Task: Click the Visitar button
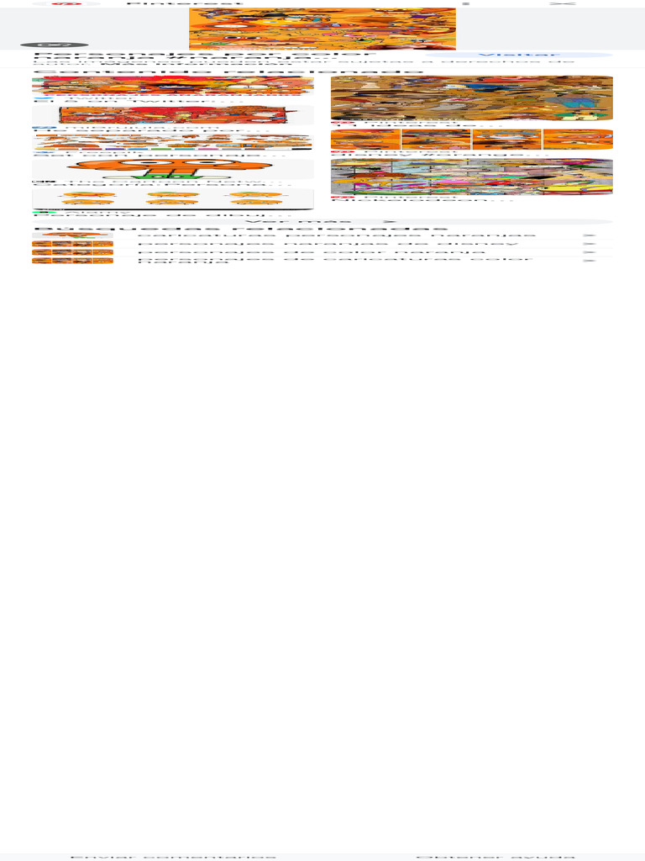click(517, 55)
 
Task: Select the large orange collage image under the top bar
click(322, 29)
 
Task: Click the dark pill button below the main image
click(54, 44)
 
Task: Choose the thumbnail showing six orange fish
click(173, 199)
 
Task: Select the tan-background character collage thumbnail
click(471, 98)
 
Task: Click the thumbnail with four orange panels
click(471, 140)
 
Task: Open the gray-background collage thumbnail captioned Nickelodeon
click(471, 177)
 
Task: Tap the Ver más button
click(322, 221)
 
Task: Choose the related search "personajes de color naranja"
click(311, 252)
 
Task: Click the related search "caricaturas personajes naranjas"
click(336, 235)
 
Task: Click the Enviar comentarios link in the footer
click(173, 857)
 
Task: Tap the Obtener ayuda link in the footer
click(496, 857)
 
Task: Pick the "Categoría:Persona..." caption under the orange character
click(160, 185)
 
